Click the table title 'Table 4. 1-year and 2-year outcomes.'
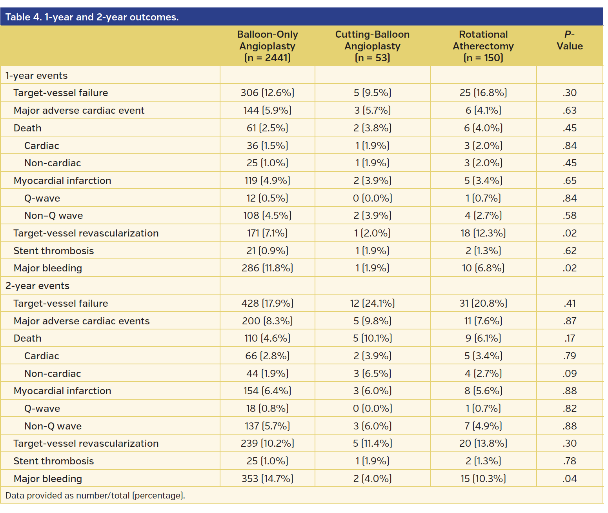point(92,17)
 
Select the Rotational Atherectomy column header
point(483,46)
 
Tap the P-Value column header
point(569,40)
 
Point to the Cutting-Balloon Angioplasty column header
point(372,46)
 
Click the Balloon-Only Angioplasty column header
point(267,46)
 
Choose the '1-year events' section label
point(36,76)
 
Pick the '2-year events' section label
point(37,286)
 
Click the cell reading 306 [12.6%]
point(267,93)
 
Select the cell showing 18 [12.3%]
point(483,233)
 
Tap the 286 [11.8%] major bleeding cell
point(267,268)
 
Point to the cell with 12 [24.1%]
point(372,304)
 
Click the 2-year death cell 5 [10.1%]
point(372,338)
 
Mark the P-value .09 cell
point(569,374)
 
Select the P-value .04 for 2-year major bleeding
point(569,479)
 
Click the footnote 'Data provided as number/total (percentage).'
point(95,496)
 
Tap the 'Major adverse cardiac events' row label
point(82,321)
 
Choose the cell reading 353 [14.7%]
point(267,479)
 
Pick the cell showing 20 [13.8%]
point(483,444)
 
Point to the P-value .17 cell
point(569,338)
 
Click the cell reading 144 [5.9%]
point(267,111)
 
